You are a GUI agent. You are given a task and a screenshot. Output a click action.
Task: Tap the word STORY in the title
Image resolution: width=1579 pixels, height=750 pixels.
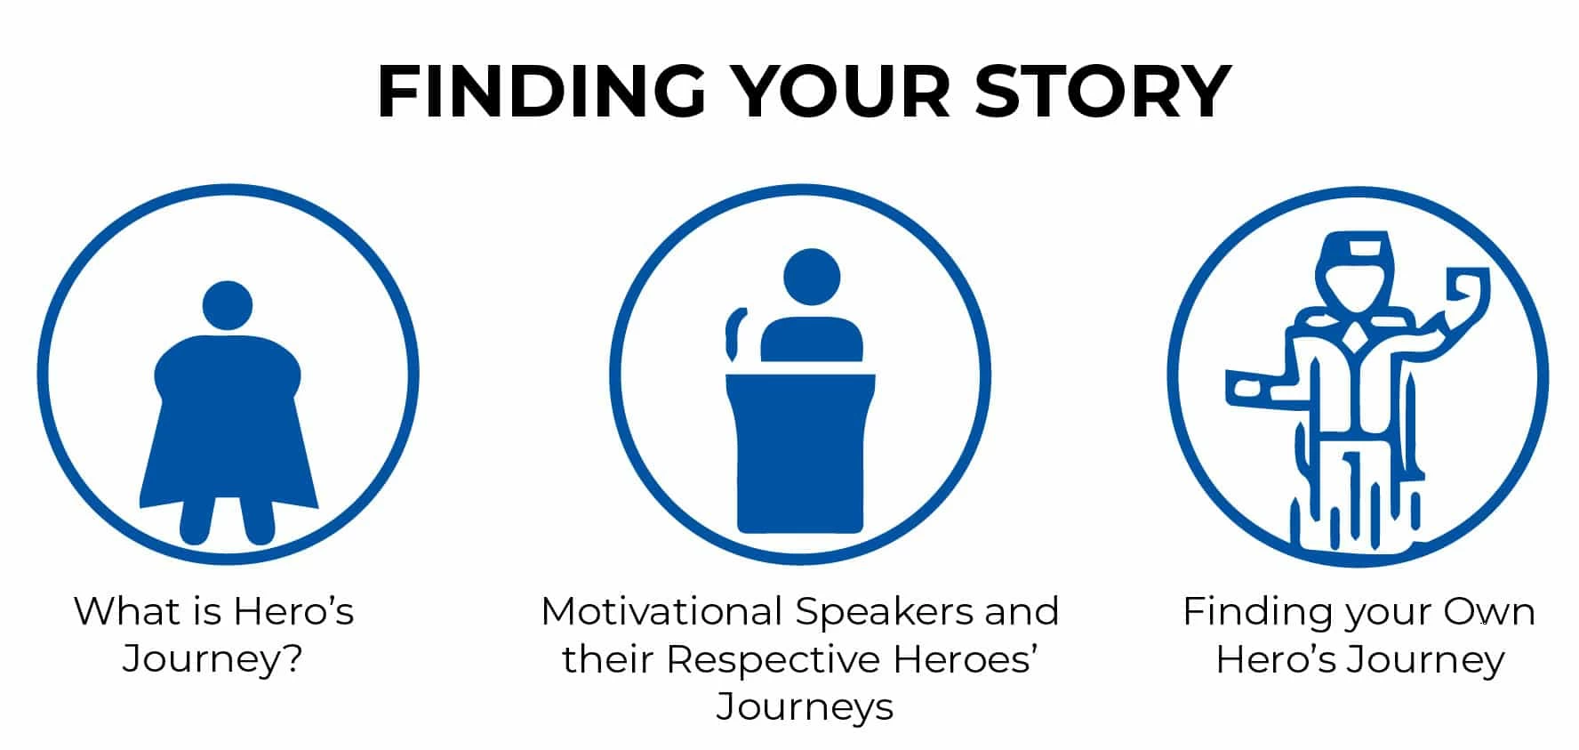coord(1102,91)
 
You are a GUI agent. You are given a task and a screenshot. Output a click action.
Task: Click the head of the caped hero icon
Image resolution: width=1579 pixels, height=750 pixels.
coord(228,306)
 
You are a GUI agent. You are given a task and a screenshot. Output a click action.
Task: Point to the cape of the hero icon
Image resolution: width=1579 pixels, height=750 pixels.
coord(229,427)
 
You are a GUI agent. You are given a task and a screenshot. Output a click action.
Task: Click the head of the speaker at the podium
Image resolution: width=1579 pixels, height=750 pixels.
coord(812,278)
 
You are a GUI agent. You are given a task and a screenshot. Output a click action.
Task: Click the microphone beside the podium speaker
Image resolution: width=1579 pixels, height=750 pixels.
coord(734,335)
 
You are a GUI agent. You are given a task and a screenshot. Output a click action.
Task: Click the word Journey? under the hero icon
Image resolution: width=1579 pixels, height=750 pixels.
coord(213,660)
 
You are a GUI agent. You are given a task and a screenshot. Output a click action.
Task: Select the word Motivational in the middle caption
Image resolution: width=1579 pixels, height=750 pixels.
coord(661,611)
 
